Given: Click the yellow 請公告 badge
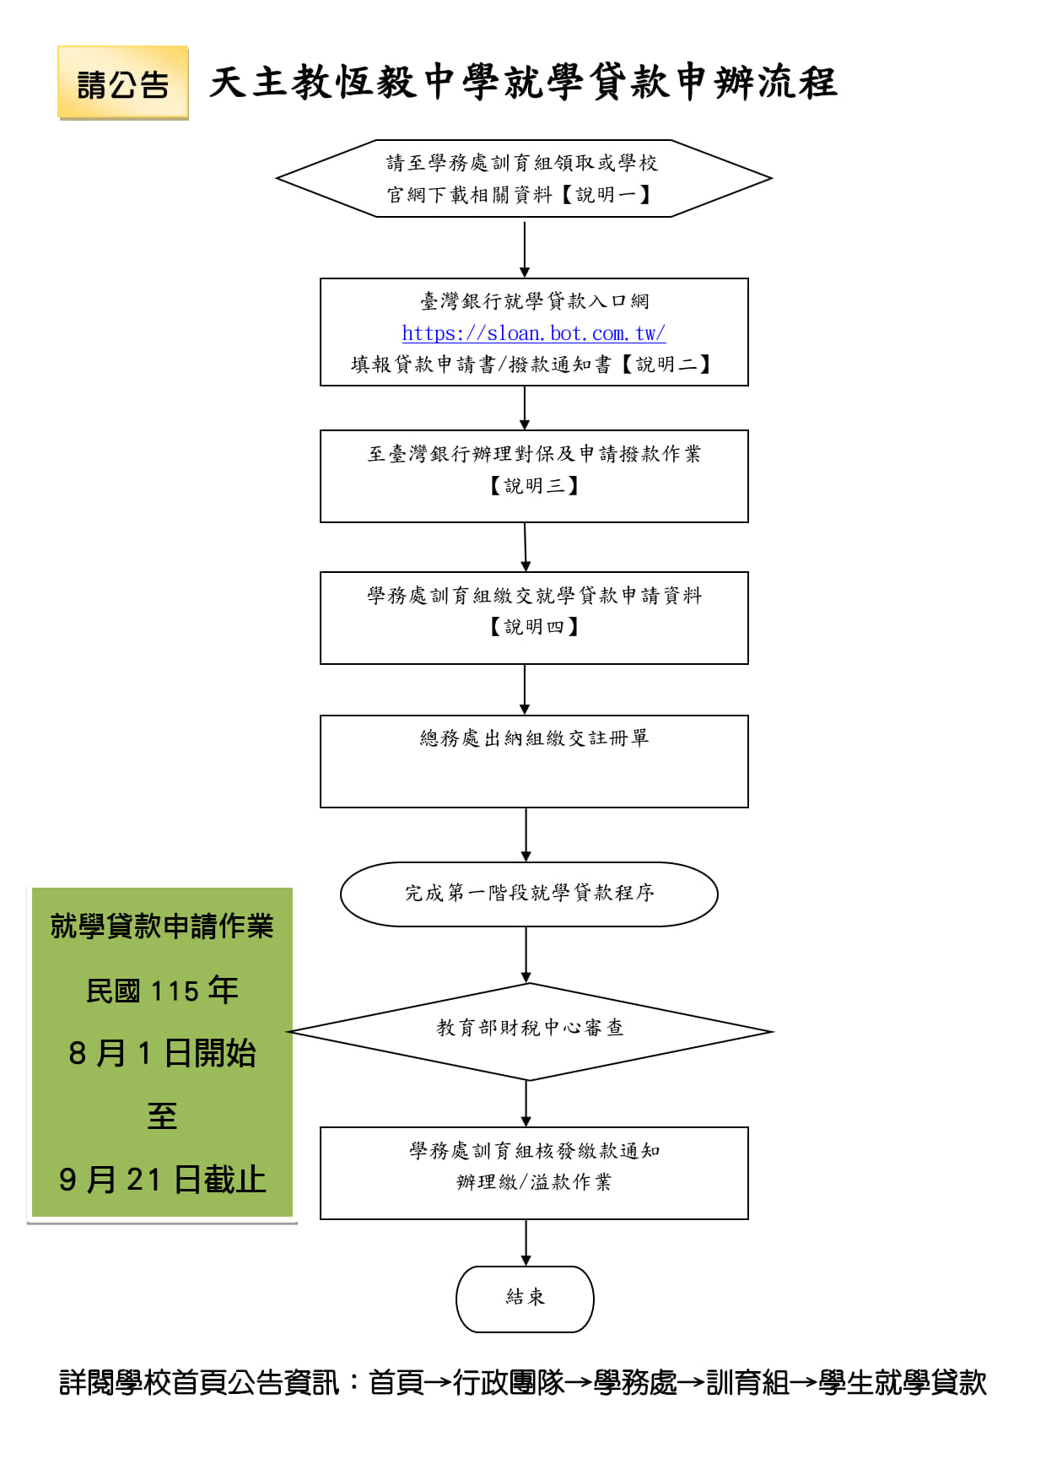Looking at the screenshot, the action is pyautogui.click(x=123, y=83).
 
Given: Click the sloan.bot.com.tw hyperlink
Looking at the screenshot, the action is pyautogui.click(x=534, y=333).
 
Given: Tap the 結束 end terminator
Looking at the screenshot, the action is pyautogui.click(x=525, y=1299).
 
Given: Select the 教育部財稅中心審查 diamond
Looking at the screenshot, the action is pyautogui.click(x=530, y=1031).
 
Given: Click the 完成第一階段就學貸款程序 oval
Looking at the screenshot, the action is pyautogui.click(x=529, y=894).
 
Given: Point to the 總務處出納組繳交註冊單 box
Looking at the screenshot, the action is pyautogui.click(x=534, y=761).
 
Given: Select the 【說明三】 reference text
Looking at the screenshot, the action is pyautogui.click(x=534, y=485).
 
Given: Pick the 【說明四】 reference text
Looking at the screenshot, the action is pyautogui.click(x=534, y=626).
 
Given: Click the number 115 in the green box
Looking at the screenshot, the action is pyautogui.click(x=175, y=991).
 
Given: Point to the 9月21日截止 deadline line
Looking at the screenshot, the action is pyautogui.click(x=162, y=1180).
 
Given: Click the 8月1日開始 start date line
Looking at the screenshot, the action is pyautogui.click(x=162, y=1053).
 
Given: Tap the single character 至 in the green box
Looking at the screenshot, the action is pyautogui.click(x=162, y=1116).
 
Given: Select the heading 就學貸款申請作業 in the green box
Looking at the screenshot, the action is pyautogui.click(x=162, y=926).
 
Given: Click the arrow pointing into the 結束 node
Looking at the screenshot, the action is pyautogui.click(x=526, y=1243).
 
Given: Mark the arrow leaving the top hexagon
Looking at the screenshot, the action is pyautogui.click(x=525, y=248).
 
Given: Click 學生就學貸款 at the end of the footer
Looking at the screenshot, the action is pyautogui.click(x=903, y=1383).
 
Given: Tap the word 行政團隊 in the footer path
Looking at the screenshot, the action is pyautogui.click(x=509, y=1383).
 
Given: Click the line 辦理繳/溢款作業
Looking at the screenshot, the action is pyautogui.click(x=534, y=1182).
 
